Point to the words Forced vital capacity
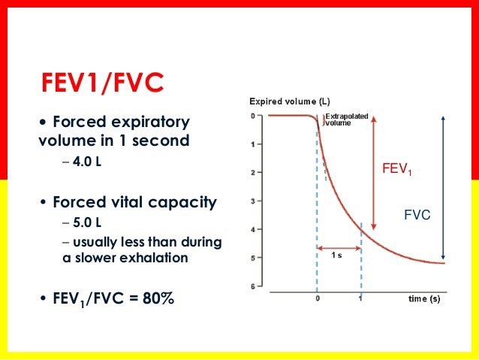(x=134, y=202)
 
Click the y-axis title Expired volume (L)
(x=289, y=101)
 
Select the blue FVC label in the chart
(x=417, y=214)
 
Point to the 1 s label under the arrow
(x=338, y=256)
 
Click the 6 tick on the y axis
(x=254, y=286)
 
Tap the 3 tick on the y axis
(x=254, y=201)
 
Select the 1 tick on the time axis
(x=361, y=298)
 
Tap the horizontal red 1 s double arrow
(x=339, y=247)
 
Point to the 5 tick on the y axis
(x=254, y=258)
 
